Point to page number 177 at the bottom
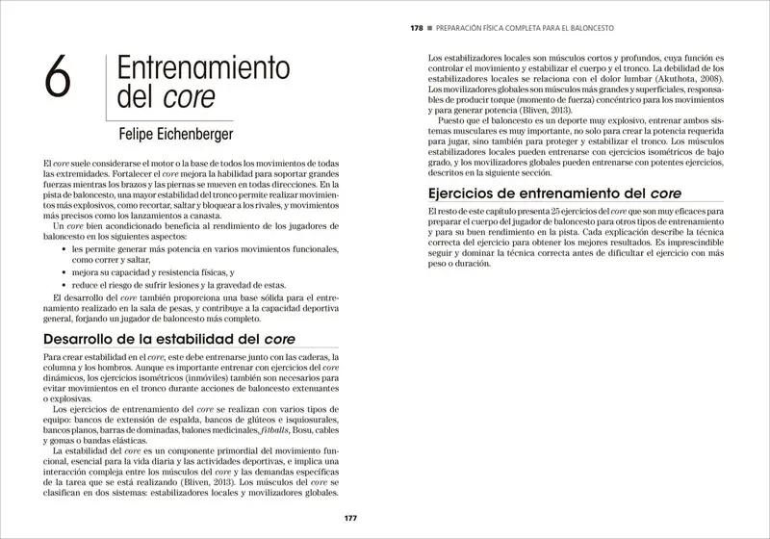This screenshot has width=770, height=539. point(351,520)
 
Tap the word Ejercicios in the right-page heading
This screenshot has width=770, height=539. point(470,220)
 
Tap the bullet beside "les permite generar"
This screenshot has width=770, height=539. point(63,247)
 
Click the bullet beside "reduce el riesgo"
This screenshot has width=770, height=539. point(63,285)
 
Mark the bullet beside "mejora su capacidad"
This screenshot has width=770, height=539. point(63,272)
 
